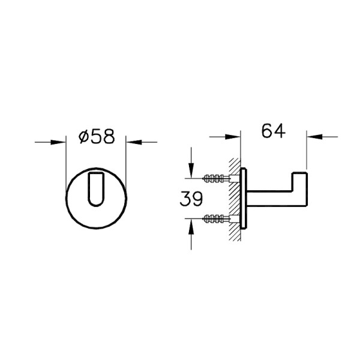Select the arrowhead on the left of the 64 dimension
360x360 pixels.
[236, 136]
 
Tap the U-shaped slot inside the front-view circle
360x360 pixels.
[95, 188]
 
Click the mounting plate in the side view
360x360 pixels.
[244, 198]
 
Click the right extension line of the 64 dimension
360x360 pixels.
[307, 150]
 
